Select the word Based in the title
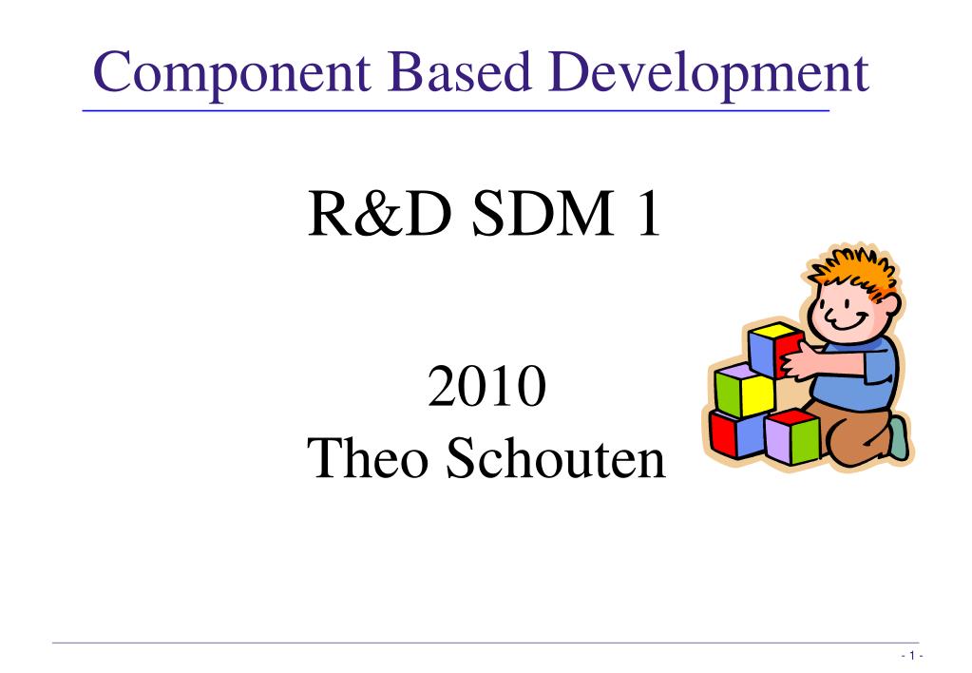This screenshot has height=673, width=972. coord(444,73)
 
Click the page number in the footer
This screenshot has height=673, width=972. coord(910,657)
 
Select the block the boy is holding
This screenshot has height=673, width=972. coord(772,350)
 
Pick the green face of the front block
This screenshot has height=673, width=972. coord(805,439)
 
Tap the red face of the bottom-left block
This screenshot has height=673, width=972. coord(723,433)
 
